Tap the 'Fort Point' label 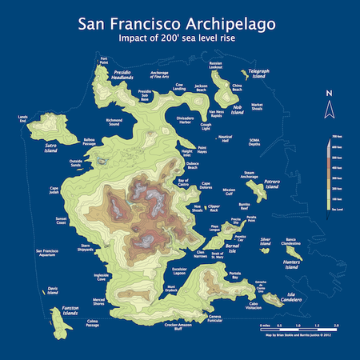(x=104, y=59)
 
